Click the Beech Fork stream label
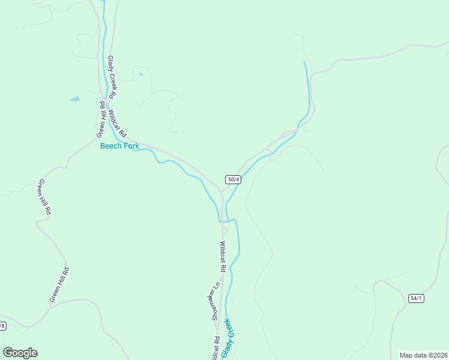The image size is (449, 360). [119, 146]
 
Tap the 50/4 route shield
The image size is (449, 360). [234, 179]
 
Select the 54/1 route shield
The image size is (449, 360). [416, 298]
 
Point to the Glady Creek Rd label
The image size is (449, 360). [112, 77]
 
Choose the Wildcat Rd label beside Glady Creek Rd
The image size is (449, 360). [118, 122]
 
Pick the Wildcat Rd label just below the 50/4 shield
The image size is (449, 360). [223, 257]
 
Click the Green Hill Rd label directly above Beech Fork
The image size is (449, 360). [103, 118]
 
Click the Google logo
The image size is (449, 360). [20, 353]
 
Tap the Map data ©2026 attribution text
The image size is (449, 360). [423, 355]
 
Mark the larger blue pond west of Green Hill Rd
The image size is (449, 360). [74, 99]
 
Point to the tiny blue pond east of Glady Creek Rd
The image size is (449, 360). [140, 74]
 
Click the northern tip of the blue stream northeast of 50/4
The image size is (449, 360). [305, 62]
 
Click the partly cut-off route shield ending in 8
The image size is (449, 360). [2, 326]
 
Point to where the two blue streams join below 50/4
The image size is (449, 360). [226, 221]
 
